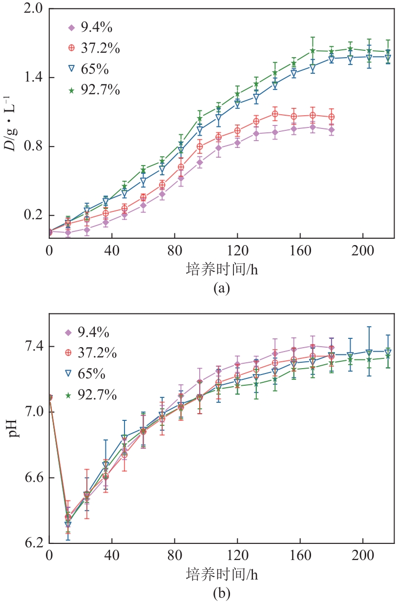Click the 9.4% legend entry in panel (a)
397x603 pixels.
(88, 27)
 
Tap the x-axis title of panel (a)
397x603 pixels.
(222, 269)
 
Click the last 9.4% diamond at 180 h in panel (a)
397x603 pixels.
(332, 130)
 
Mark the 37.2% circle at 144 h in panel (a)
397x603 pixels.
(275, 114)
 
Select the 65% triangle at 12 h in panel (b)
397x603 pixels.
(68, 525)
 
